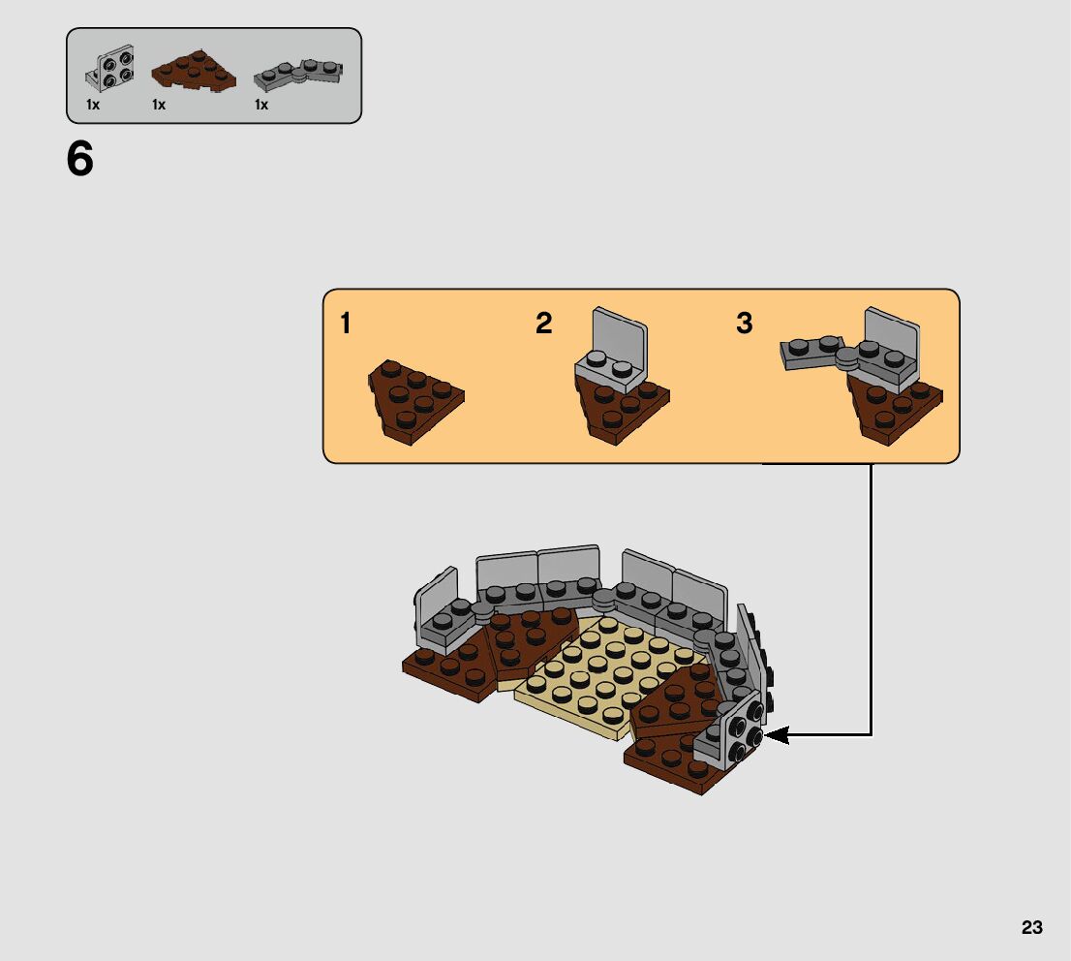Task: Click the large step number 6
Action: (80, 160)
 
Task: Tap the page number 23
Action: (1031, 927)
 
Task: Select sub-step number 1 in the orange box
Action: (346, 324)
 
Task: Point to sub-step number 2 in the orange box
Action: (543, 324)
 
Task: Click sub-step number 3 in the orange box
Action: (744, 324)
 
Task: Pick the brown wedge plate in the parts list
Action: (195, 73)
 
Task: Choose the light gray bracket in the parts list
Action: (109, 66)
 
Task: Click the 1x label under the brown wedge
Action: (159, 105)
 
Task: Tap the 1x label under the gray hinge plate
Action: (261, 105)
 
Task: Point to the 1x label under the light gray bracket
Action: (93, 105)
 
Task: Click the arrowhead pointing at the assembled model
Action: (779, 736)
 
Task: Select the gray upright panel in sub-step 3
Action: (891, 333)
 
